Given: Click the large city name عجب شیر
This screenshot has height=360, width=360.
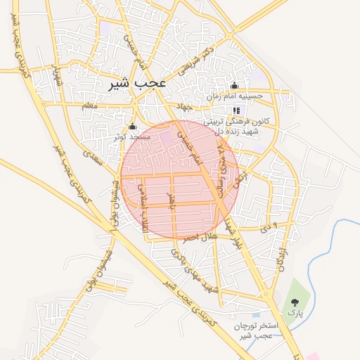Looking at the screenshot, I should coord(138,83).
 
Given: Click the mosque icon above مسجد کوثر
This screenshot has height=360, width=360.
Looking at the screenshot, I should coord(133,126).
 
